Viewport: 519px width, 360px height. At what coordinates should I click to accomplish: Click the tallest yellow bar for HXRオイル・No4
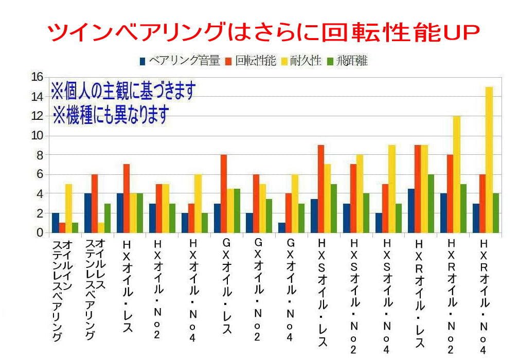pyautogui.click(x=489, y=159)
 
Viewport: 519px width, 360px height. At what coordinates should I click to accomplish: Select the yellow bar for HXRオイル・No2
pyautogui.click(x=457, y=174)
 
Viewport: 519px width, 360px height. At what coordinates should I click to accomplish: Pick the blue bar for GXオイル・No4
pyautogui.click(x=281, y=227)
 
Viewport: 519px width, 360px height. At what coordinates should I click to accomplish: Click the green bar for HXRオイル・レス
pyautogui.click(x=431, y=203)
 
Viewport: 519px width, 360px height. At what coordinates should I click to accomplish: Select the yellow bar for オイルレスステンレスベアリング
pyautogui.click(x=101, y=227)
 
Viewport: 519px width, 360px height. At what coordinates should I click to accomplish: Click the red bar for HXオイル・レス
pyautogui.click(x=127, y=198)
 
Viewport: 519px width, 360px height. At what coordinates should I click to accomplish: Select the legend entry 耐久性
pyautogui.click(x=304, y=61)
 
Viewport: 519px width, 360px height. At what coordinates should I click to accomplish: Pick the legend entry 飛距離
pyautogui.click(x=347, y=61)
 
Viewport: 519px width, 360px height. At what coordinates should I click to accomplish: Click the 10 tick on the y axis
pyautogui.click(x=37, y=135)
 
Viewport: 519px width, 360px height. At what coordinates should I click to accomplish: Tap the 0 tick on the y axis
pyautogui.click(x=40, y=232)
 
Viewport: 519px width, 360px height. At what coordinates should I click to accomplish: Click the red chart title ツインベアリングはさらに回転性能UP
pyautogui.click(x=263, y=32)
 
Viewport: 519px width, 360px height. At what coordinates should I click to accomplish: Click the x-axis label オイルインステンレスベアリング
pyautogui.click(x=62, y=291)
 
